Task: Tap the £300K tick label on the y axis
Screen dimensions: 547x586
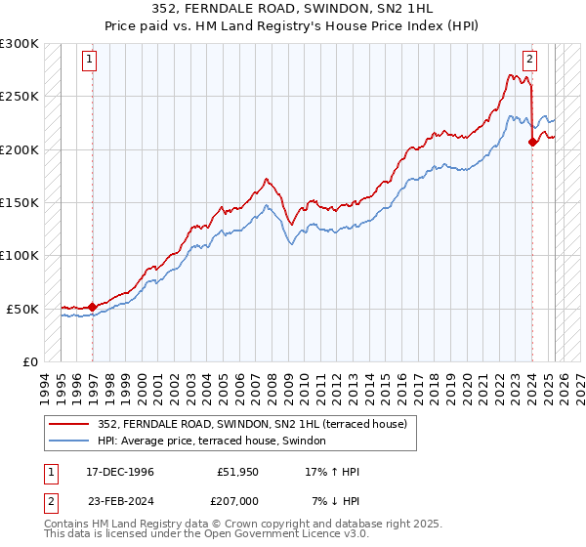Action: click(x=20, y=44)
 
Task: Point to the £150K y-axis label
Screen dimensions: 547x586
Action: click(x=20, y=202)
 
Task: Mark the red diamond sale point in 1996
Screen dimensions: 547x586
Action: click(x=93, y=307)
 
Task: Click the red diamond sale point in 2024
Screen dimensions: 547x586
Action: click(x=532, y=143)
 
